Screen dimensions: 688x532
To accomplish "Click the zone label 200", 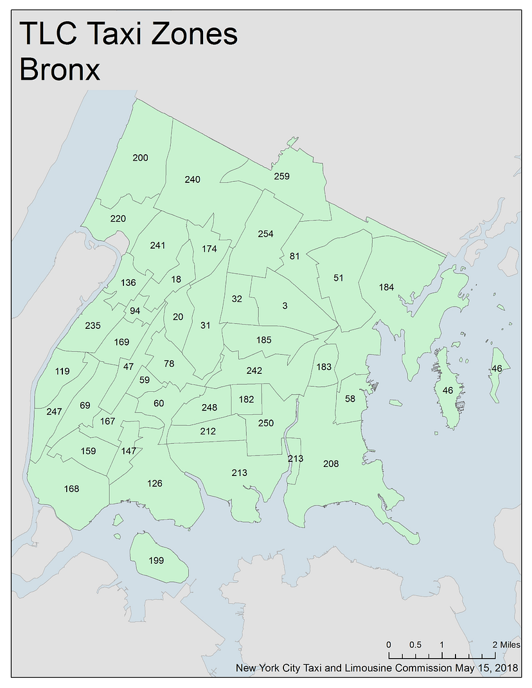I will point(140,158).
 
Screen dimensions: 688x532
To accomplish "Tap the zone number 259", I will point(281,176).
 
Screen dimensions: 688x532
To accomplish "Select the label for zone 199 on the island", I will point(156,560).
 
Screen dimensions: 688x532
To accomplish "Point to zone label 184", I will point(386,287).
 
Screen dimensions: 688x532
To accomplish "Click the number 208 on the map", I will point(331,463).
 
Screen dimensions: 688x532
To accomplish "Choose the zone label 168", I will point(71,489).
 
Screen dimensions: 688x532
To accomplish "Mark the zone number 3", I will point(285,306).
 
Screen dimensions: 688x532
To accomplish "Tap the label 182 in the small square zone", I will point(246,399).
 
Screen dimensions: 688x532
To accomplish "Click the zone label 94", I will point(135,311).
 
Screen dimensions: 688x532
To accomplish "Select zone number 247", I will point(54,411).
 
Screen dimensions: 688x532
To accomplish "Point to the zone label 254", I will point(265,234).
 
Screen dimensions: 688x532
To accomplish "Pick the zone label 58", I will point(350,399).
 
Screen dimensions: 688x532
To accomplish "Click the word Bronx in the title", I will point(60,69).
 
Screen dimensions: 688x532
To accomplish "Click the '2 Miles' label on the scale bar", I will point(506,644).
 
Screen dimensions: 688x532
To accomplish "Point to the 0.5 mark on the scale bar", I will point(415,644).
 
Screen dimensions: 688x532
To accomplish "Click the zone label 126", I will point(155,483).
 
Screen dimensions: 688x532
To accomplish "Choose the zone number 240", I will point(192,179).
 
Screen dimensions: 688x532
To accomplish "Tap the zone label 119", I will point(62,371).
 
